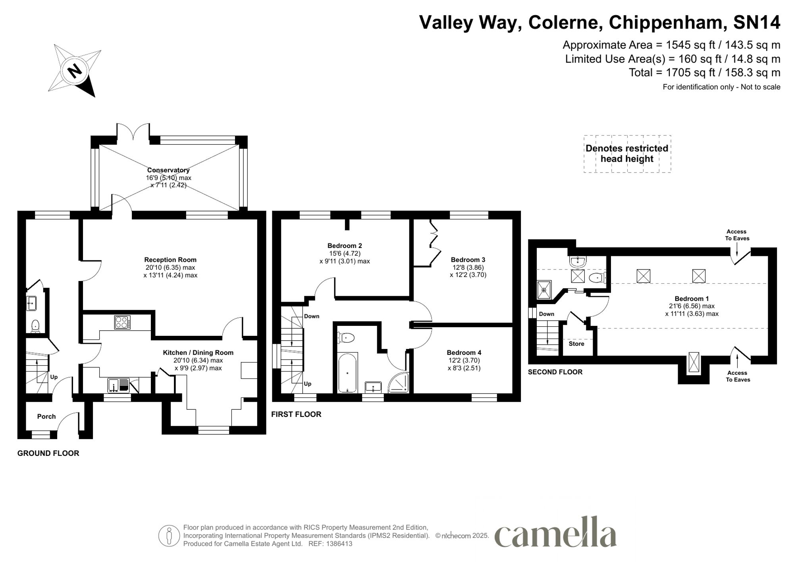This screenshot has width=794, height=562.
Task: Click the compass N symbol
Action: click(x=75, y=72)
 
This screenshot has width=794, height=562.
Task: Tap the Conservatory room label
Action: click(x=168, y=170)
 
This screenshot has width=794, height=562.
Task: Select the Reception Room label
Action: click(x=170, y=260)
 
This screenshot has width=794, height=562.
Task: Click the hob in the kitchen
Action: click(x=122, y=322)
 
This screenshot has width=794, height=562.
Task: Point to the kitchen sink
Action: click(x=118, y=385)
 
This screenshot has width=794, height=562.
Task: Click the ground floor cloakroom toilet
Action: click(x=35, y=326)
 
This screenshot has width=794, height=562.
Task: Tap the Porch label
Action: click(x=46, y=417)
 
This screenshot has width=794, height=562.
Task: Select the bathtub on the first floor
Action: click(x=347, y=373)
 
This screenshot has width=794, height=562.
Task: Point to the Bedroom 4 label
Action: click(x=464, y=353)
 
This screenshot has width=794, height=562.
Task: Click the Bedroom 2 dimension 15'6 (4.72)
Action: click(x=345, y=253)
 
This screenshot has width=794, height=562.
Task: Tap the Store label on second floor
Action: click(x=576, y=344)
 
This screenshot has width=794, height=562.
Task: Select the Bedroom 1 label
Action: click(x=692, y=298)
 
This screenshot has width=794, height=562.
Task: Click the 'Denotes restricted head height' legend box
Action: click(x=627, y=154)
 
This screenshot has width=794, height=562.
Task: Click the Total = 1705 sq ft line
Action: click(x=704, y=73)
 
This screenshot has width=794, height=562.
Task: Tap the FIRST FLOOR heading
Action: click(x=296, y=414)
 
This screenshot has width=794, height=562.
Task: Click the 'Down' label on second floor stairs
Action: click(x=546, y=314)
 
